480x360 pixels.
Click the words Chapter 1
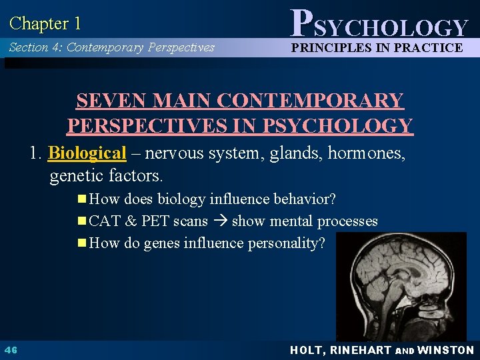[x=45, y=24]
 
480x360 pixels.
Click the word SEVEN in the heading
[x=111, y=101]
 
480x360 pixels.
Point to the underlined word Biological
[x=87, y=153]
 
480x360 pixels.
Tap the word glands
[x=291, y=153]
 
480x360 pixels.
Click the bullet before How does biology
[x=82, y=199]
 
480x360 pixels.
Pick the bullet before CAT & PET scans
[x=82, y=221]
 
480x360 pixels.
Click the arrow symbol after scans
[x=220, y=221]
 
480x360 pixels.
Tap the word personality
[x=287, y=243]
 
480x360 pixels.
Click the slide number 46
[x=11, y=350]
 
